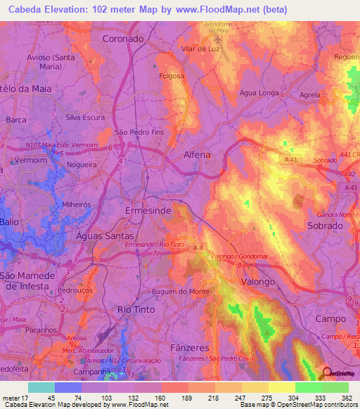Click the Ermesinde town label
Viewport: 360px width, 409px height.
tap(148, 211)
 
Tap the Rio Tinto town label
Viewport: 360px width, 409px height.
tap(135, 309)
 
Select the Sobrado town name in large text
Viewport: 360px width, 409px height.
tap(325, 226)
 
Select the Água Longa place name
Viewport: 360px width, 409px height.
tap(259, 93)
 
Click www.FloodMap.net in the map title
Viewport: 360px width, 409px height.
tap(212, 11)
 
